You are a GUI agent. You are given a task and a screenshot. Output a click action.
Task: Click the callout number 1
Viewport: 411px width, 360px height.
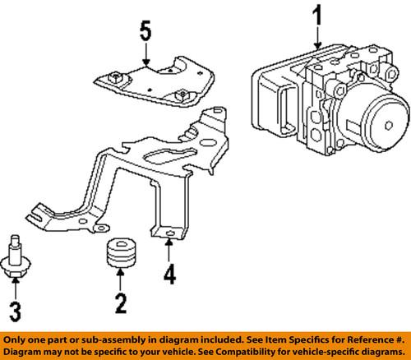316,16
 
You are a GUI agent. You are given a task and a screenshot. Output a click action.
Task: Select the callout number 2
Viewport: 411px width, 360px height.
122,303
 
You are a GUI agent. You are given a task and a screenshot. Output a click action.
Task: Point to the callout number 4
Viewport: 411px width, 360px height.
169,272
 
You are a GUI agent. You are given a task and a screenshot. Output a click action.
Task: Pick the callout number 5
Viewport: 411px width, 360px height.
145,37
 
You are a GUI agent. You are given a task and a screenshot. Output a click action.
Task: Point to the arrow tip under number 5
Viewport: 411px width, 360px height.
145,65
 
